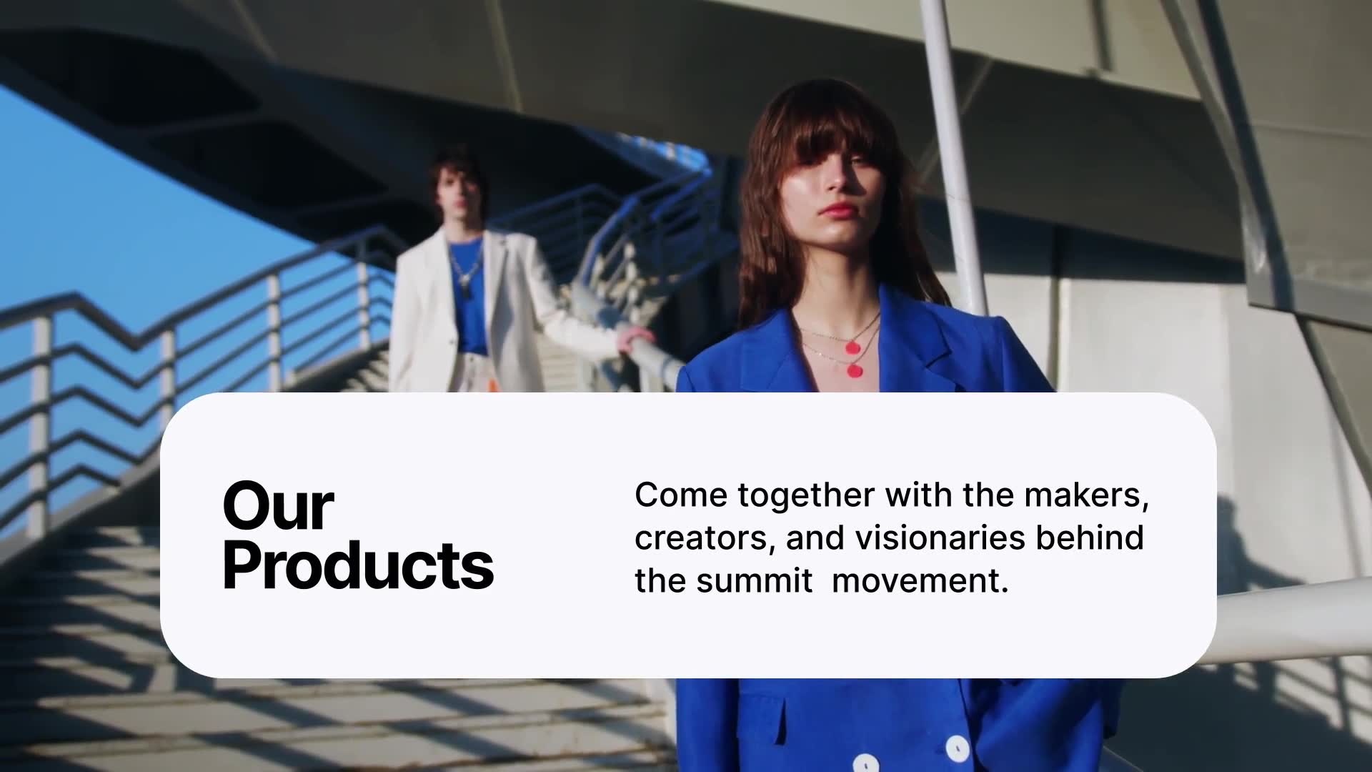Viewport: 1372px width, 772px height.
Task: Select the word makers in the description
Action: (1087, 495)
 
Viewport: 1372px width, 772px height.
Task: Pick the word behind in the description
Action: (1090, 538)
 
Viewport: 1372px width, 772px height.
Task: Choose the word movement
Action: (920, 580)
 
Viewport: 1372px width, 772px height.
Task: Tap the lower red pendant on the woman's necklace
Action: (855, 371)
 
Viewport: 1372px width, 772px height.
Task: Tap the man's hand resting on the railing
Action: (635, 336)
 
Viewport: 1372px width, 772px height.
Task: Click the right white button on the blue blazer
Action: (957, 748)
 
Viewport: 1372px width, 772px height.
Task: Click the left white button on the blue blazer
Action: (865, 763)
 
